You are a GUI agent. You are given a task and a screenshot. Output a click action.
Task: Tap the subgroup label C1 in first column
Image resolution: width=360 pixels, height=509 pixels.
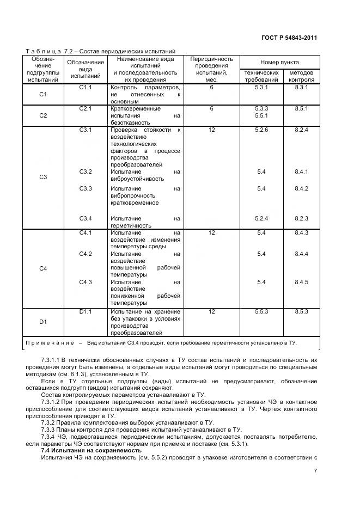click(x=44, y=95)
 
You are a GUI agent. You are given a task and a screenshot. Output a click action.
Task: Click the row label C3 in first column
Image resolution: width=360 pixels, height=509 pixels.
click(x=44, y=177)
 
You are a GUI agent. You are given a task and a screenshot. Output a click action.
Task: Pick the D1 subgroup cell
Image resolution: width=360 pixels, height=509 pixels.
click(x=44, y=322)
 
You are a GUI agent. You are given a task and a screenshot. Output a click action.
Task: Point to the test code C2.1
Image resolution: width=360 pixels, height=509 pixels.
click(x=86, y=108)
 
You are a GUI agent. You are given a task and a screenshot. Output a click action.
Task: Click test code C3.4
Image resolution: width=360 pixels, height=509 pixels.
click(x=86, y=218)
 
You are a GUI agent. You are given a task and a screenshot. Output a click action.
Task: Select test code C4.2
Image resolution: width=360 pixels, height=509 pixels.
click(x=86, y=254)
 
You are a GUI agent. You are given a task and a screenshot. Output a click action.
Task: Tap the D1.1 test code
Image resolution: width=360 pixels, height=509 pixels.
click(x=86, y=311)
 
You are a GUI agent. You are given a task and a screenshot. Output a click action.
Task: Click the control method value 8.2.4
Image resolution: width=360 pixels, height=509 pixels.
click(x=301, y=130)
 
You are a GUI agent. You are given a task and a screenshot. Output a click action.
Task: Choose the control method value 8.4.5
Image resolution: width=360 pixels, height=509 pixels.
click(x=301, y=282)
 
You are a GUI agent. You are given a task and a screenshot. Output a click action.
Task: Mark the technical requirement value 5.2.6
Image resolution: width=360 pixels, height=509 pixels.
click(x=261, y=130)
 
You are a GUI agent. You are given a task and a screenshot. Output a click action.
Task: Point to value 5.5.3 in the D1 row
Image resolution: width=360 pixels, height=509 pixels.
click(x=261, y=311)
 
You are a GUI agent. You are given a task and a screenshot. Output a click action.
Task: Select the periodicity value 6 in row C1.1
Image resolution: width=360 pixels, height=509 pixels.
click(x=211, y=87)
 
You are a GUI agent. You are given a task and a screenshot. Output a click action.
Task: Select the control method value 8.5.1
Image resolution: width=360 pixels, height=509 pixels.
click(x=301, y=108)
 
